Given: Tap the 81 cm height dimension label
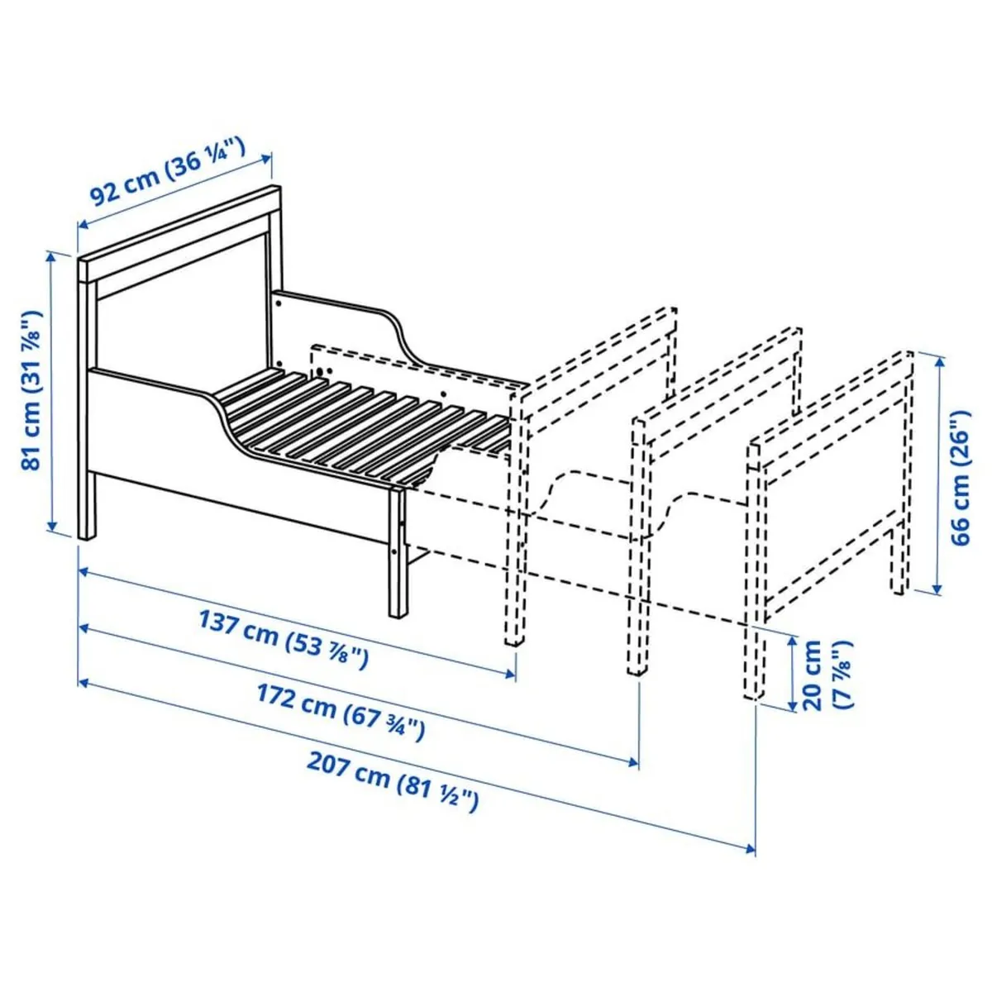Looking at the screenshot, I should [31, 390].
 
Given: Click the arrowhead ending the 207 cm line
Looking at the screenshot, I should [751, 848].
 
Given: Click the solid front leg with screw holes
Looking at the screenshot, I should [398, 554].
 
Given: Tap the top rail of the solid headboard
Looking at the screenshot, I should [182, 231].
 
